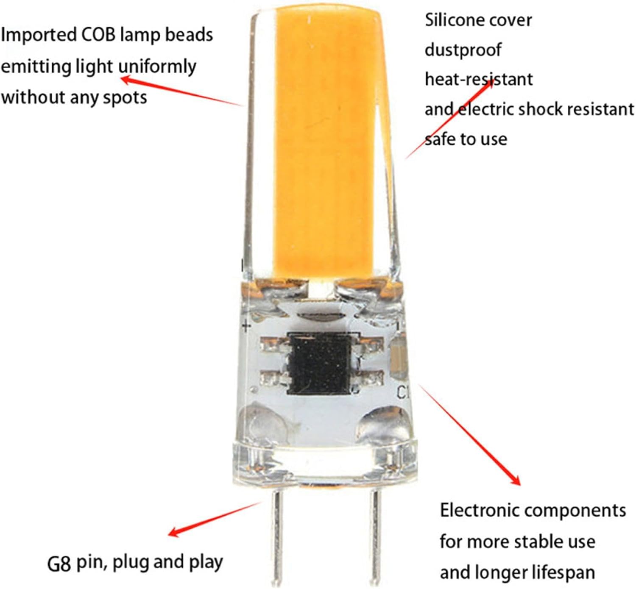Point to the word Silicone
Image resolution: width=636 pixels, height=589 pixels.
(x=456, y=20)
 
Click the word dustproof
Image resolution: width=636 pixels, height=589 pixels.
(x=463, y=50)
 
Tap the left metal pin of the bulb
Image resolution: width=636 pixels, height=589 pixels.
(x=277, y=534)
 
